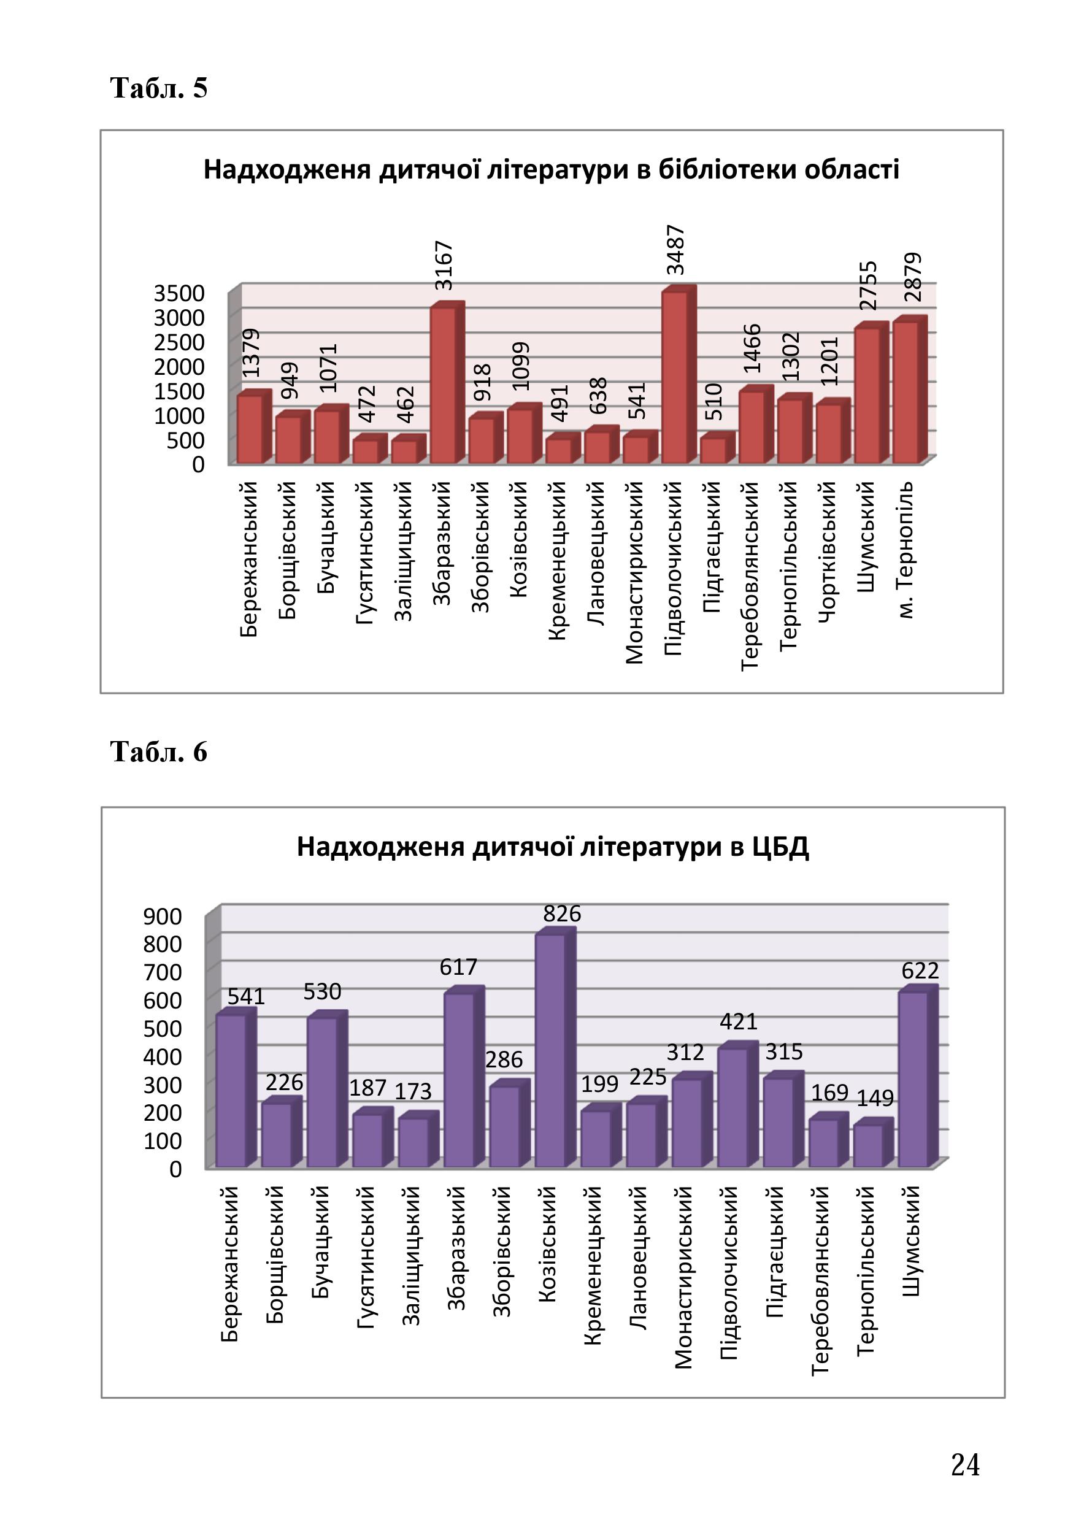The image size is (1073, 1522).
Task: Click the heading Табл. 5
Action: (x=158, y=88)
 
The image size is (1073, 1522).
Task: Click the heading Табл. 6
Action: (x=158, y=751)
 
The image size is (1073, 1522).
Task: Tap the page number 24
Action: (x=965, y=1464)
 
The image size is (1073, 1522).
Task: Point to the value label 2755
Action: (x=867, y=285)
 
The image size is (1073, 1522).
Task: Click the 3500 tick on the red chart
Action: (x=179, y=293)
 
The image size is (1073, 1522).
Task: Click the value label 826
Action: (x=562, y=913)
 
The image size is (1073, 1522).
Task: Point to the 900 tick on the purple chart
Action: (x=163, y=916)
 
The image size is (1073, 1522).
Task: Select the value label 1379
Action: (x=251, y=353)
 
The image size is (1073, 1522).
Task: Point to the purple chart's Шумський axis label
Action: (x=913, y=1241)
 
